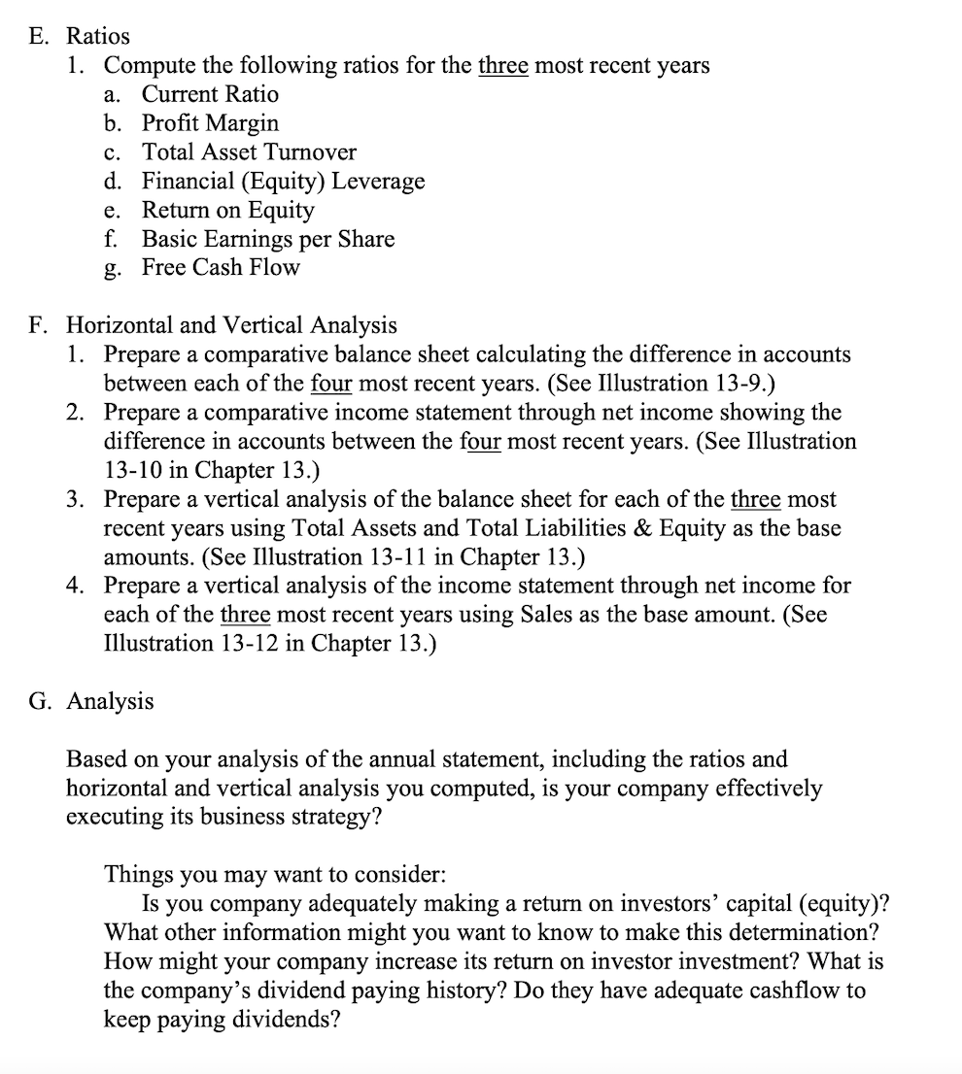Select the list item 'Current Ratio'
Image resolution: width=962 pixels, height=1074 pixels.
click(x=210, y=94)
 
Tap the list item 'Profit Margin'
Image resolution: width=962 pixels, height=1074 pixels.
click(x=210, y=123)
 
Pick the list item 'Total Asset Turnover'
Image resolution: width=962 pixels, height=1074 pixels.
click(x=249, y=152)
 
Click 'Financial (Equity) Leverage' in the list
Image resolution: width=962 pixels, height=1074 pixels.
click(x=283, y=182)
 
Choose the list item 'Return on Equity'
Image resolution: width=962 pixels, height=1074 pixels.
click(x=228, y=210)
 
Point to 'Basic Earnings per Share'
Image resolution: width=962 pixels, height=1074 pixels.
click(x=268, y=239)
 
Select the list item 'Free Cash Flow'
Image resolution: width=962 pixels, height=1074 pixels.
click(x=221, y=267)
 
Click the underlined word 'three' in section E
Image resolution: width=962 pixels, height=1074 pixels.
click(x=502, y=66)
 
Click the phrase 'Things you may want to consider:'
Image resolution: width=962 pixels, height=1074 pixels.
click(x=275, y=872)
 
